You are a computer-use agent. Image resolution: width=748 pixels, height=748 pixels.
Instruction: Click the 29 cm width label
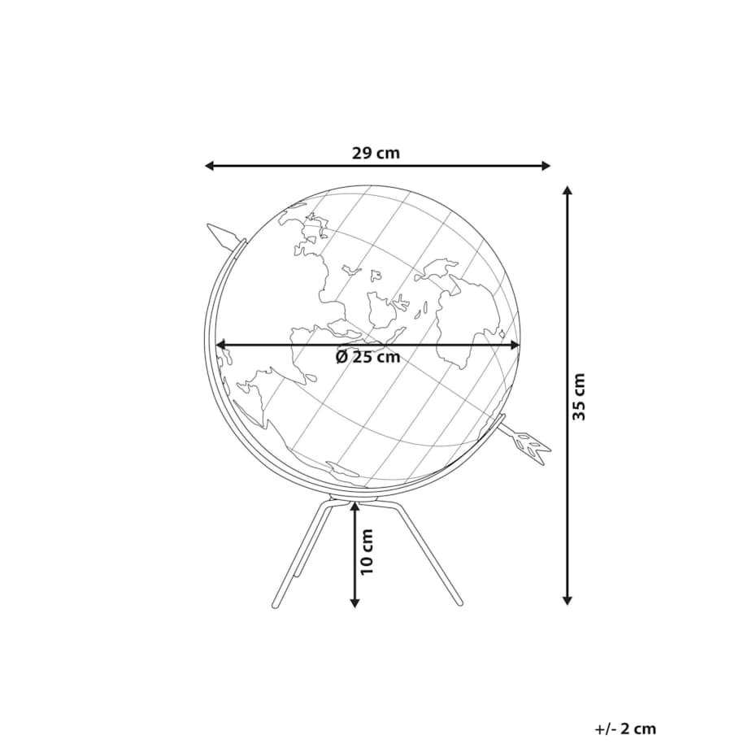click(376, 152)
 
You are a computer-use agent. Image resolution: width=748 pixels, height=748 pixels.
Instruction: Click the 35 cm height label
click(579, 397)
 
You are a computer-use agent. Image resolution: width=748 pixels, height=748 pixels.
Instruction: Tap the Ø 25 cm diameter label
click(367, 357)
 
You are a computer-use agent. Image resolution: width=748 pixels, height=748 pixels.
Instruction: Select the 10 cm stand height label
click(367, 552)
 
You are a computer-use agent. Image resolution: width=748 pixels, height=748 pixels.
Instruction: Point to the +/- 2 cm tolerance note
click(625, 728)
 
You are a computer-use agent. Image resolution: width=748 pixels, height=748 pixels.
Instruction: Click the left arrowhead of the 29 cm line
click(209, 166)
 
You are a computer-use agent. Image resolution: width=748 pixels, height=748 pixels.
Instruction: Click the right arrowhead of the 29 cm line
click(546, 166)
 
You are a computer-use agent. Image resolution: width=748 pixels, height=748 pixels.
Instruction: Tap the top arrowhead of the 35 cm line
click(568, 191)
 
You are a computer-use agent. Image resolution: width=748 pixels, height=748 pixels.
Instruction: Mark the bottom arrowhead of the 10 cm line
click(354, 602)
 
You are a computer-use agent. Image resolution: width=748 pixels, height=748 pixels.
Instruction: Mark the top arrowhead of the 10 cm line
click(354, 506)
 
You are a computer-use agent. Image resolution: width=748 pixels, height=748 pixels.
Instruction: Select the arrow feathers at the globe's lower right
click(532, 445)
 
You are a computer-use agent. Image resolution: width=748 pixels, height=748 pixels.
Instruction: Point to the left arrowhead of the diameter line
click(220, 345)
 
